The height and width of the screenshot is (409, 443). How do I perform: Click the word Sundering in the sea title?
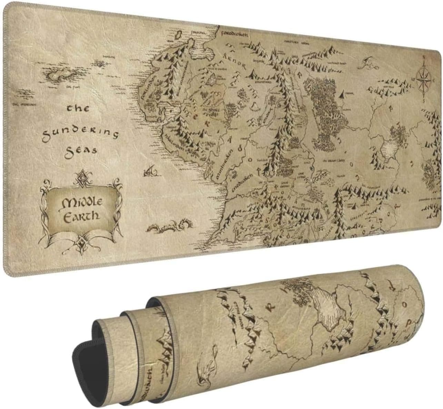[80, 133]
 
